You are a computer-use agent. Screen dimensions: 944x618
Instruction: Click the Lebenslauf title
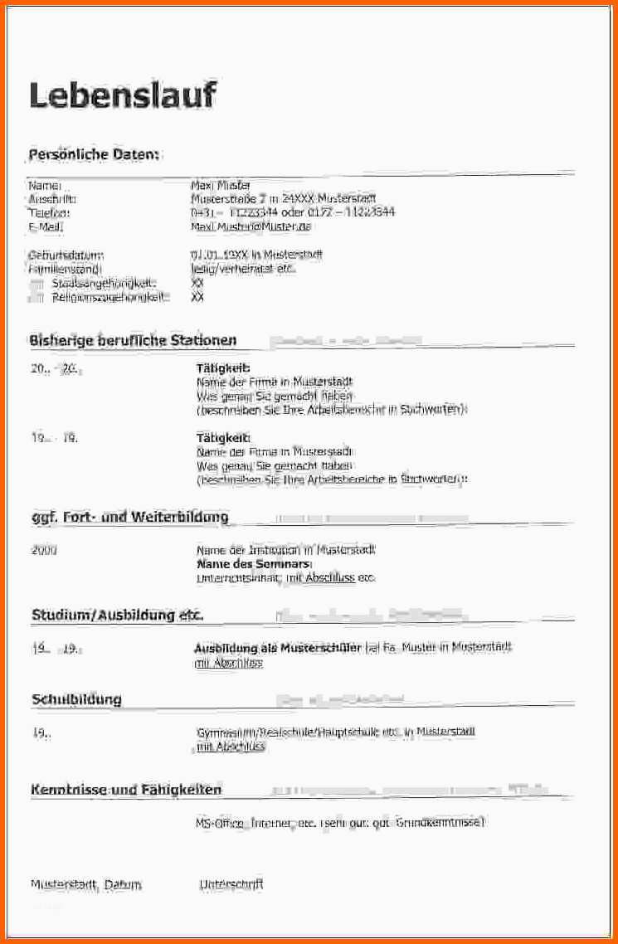(123, 96)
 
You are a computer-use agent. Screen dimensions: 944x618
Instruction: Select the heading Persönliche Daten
(94, 155)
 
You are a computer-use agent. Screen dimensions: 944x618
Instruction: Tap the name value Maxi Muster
(221, 186)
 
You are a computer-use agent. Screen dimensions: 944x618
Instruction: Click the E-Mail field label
(46, 226)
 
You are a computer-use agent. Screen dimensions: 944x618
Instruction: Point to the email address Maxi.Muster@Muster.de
(251, 226)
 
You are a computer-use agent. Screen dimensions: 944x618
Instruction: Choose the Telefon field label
(46, 213)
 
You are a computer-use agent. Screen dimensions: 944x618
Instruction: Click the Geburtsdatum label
(66, 255)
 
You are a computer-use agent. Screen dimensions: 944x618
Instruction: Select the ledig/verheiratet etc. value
(244, 269)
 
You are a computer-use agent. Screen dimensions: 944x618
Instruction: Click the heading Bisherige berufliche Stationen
(133, 340)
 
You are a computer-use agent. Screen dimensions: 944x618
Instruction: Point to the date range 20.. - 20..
(56, 369)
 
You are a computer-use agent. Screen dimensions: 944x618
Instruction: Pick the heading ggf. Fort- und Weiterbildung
(129, 518)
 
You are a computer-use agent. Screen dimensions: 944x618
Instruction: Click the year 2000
(44, 550)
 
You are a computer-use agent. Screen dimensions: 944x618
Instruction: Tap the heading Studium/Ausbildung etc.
(117, 616)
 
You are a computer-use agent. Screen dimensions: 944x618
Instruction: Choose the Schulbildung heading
(76, 699)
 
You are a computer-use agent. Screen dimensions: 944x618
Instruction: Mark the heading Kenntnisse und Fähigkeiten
(126, 790)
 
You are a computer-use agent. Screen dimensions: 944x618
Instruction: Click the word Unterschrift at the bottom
(231, 884)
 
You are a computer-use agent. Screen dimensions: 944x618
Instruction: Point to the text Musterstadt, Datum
(86, 885)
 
